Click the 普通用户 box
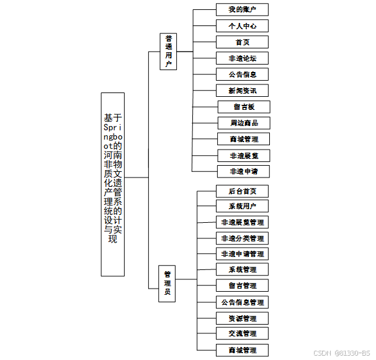(168, 51)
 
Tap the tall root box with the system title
(112, 184)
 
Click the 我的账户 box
(243, 10)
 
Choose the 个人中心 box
(243, 26)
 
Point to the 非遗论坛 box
(243, 58)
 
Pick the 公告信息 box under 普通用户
(243, 74)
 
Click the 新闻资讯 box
(243, 91)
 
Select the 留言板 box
(243, 107)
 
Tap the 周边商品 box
(243, 123)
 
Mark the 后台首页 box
(242, 191)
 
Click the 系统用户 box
(242, 206)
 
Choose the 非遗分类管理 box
(242, 238)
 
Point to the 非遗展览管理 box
(242, 222)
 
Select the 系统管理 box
(242, 270)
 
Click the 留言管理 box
(242, 286)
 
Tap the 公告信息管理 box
(242, 302)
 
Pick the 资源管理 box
(242, 318)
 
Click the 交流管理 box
(242, 334)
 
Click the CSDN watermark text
(341, 353)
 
